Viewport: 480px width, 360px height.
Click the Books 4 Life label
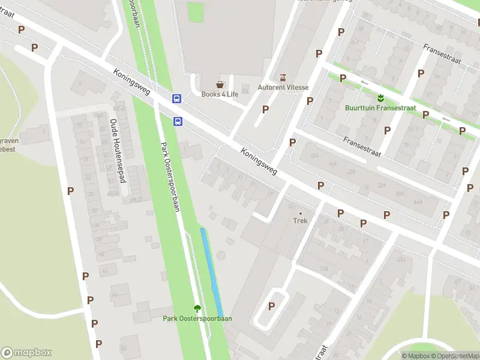[x=220, y=94]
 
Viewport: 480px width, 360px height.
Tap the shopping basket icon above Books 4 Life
[x=220, y=85]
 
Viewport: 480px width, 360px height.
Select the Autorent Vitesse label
[x=283, y=87]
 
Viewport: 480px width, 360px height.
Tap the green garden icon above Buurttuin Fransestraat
[x=379, y=98]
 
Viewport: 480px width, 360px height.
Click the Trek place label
[x=300, y=221]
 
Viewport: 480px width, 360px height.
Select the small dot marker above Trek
[x=300, y=212]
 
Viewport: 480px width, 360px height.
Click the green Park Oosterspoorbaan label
[x=197, y=319]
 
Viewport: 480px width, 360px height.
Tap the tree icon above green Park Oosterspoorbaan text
[x=197, y=308]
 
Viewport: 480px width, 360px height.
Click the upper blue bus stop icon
[x=177, y=98]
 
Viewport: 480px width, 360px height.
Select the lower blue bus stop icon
[x=178, y=121]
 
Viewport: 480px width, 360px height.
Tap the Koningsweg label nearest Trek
[x=259, y=163]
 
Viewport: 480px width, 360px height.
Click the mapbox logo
[x=26, y=353]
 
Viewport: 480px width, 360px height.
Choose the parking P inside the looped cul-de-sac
[x=271, y=306]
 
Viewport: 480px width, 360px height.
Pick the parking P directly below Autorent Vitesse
[x=265, y=109]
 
